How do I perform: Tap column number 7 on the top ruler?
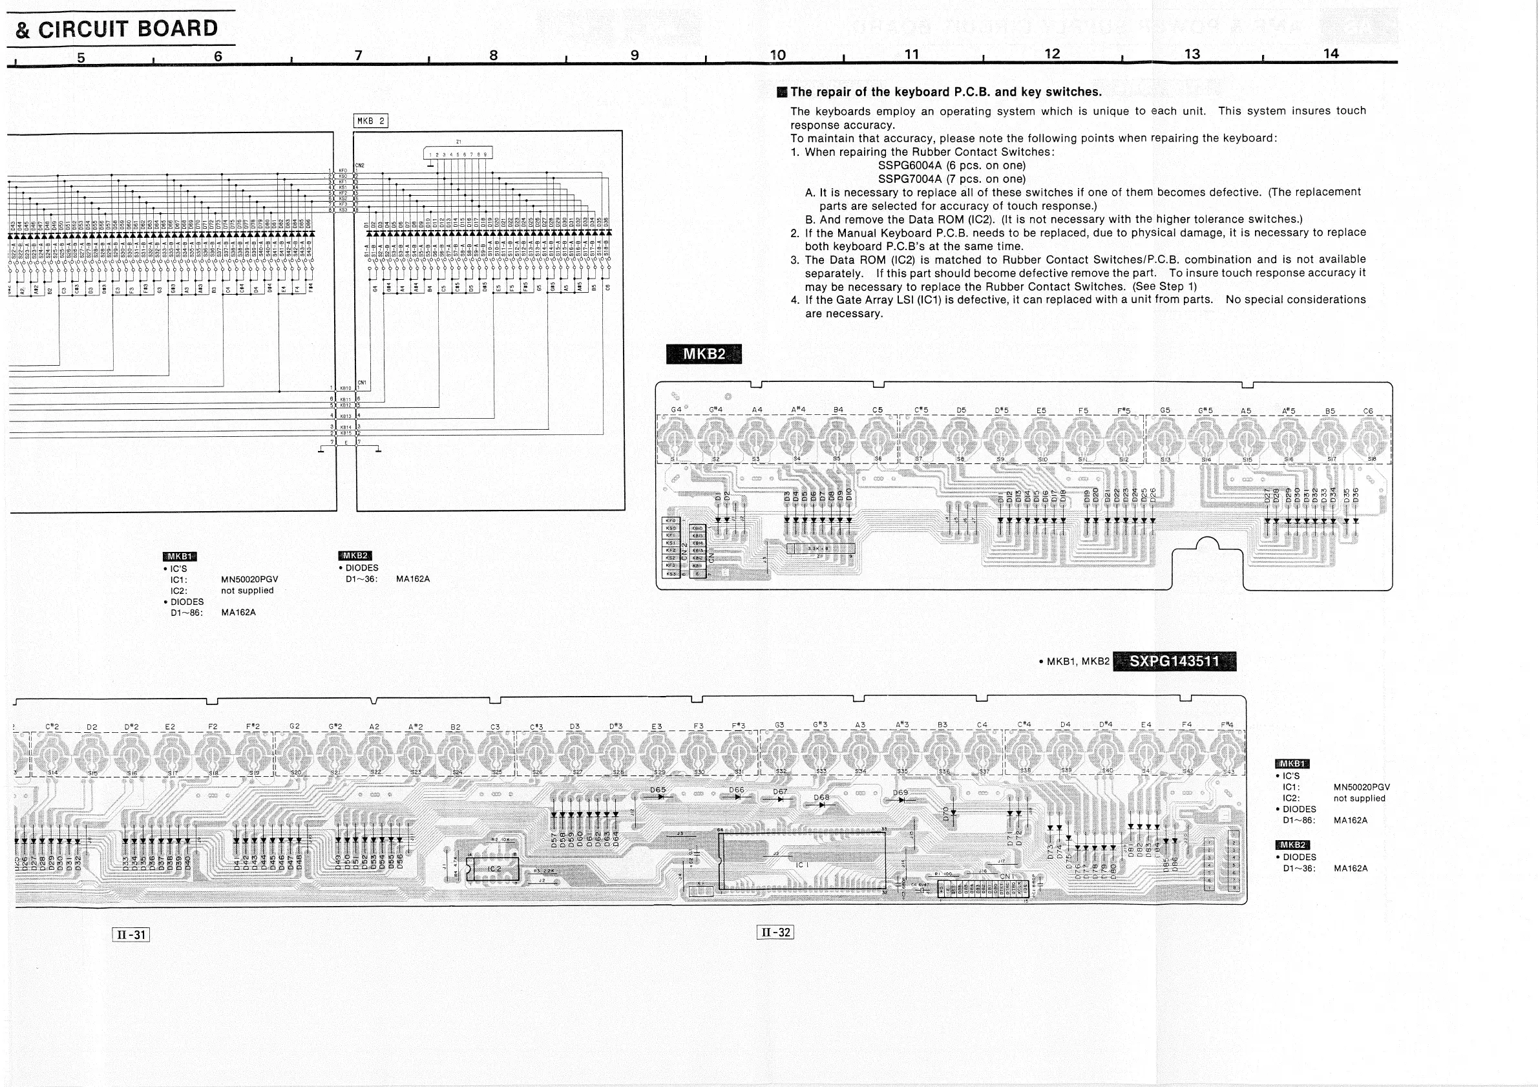point(359,56)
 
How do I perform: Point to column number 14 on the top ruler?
point(1331,54)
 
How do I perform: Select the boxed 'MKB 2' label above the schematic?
point(370,121)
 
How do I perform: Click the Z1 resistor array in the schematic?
point(458,153)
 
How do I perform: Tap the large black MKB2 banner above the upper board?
point(703,354)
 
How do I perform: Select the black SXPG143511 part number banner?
point(1174,662)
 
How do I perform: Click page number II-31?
point(131,934)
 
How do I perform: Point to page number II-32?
point(775,932)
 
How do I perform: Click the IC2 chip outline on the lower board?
point(494,869)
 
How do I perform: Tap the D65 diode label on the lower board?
point(658,790)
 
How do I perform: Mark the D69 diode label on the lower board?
point(900,793)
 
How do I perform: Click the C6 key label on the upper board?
point(1367,410)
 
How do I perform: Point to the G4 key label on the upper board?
point(677,409)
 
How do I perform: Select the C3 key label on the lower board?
point(495,726)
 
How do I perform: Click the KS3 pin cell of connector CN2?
point(671,573)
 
